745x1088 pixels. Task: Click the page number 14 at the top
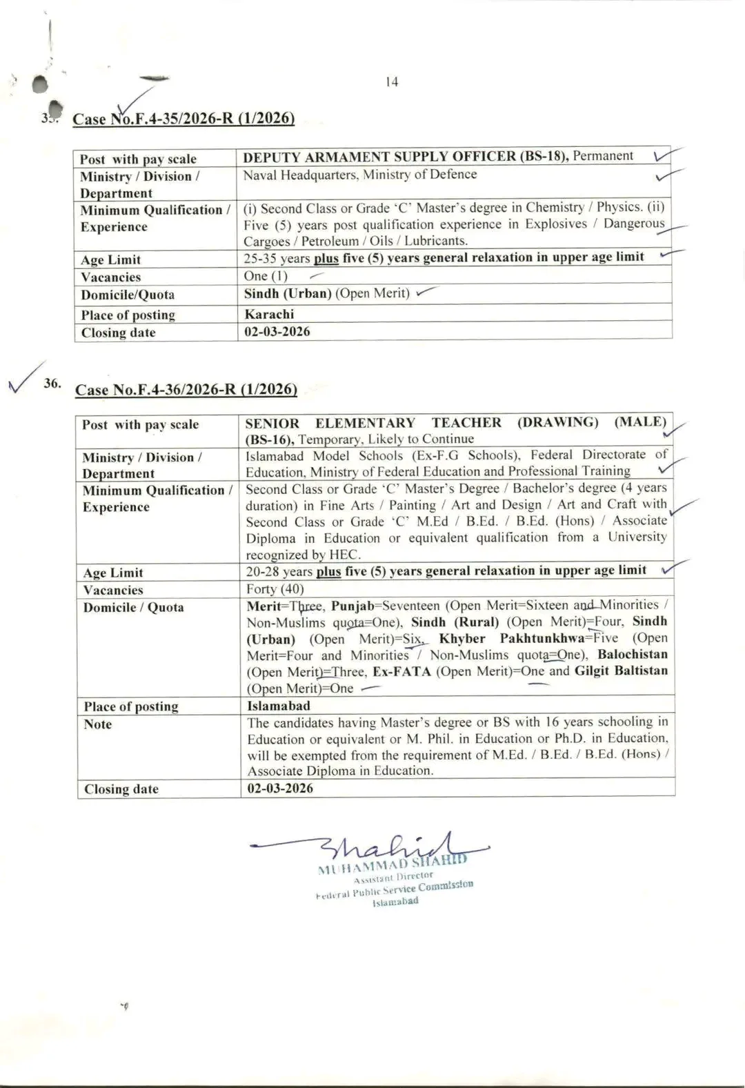[392, 82]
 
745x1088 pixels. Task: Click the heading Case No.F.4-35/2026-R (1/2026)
[183, 119]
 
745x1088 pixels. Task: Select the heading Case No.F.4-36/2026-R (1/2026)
[186, 390]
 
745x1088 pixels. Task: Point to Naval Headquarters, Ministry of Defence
[359, 175]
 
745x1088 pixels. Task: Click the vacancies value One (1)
[265, 276]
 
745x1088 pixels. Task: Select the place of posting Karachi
[269, 314]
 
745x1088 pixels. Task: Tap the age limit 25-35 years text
[277, 258]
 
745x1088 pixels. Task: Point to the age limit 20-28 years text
[279, 571]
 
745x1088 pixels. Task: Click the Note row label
[98, 724]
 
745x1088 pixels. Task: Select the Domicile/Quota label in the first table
[128, 295]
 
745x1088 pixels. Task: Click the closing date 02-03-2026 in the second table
[280, 788]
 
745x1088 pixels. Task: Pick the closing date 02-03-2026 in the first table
[277, 332]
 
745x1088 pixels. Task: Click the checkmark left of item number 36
[25, 377]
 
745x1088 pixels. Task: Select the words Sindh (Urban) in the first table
[288, 294]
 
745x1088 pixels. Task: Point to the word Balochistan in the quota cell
[633, 654]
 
